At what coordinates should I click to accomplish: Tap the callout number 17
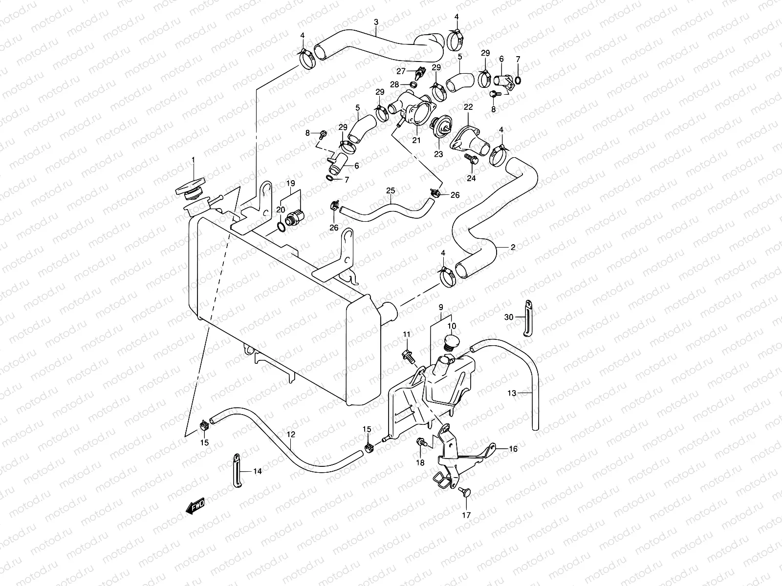(466, 515)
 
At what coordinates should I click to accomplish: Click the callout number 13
(512, 393)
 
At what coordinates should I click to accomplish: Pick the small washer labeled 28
(414, 84)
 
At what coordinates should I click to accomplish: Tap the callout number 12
(291, 434)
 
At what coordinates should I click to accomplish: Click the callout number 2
(513, 247)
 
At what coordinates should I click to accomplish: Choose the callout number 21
(416, 140)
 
